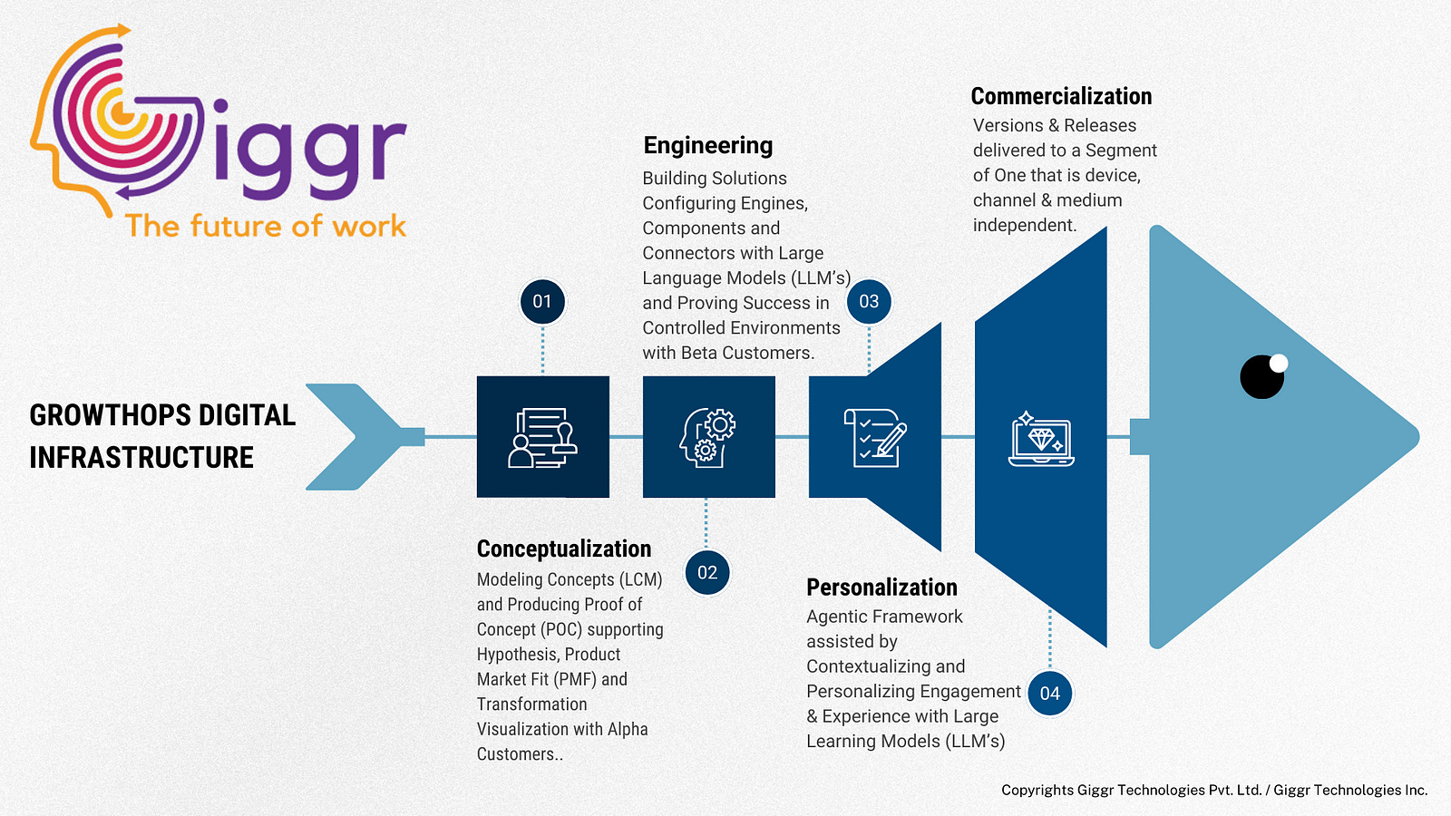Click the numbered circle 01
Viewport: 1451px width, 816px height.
(x=542, y=302)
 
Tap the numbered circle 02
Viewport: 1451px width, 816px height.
(x=707, y=573)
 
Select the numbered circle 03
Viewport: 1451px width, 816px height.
(x=869, y=302)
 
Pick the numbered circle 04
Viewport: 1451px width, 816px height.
(x=1050, y=694)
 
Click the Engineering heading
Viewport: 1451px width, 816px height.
(x=708, y=146)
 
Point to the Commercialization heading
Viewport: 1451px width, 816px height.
(x=1061, y=97)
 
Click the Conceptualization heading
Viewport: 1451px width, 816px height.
(x=564, y=549)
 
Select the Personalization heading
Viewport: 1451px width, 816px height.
(x=881, y=588)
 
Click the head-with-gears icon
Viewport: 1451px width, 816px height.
(x=708, y=437)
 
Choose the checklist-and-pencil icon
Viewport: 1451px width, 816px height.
(x=874, y=438)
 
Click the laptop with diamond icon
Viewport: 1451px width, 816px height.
(x=1041, y=439)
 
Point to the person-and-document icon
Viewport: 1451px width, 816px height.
(x=542, y=438)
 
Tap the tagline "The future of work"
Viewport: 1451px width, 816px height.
(x=266, y=226)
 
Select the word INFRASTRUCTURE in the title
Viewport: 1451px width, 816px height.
(x=141, y=458)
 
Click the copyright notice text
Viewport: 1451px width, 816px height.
(x=1214, y=791)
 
